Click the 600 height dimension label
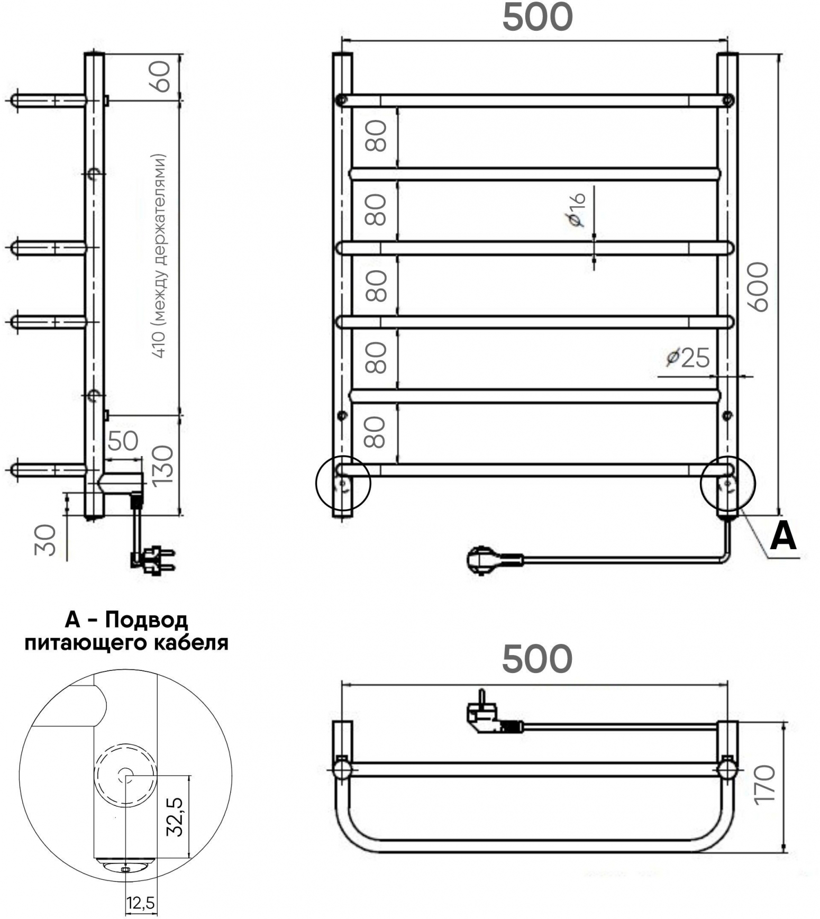click(758, 286)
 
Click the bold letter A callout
click(783, 536)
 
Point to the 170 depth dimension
click(765, 785)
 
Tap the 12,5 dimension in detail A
click(141, 903)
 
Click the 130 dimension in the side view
click(162, 464)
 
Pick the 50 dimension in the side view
click(123, 440)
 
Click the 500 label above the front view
click(537, 16)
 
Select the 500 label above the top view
click(537, 659)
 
